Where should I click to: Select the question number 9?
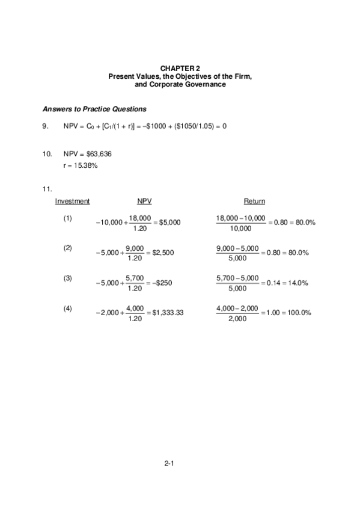45,126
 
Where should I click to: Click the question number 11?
47,189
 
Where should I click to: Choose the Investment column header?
73,201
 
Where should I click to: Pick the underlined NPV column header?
144,201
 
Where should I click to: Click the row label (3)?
68,277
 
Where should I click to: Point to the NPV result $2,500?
163,253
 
